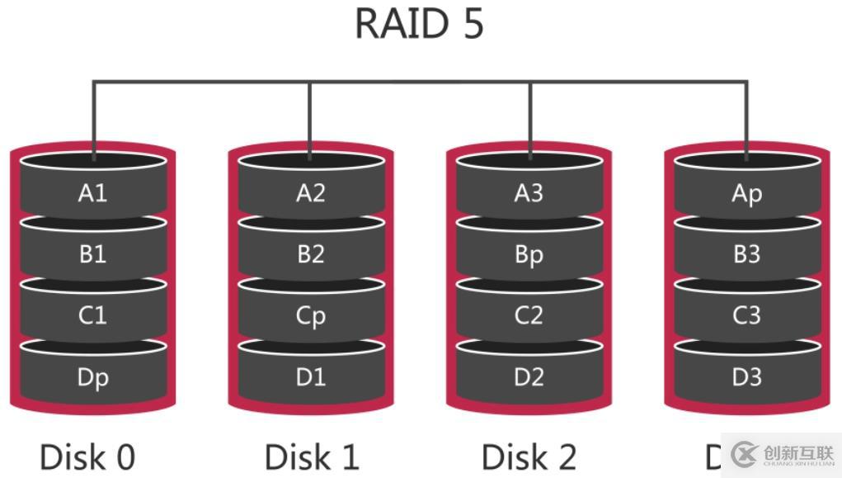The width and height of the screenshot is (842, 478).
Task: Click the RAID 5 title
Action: [419, 24]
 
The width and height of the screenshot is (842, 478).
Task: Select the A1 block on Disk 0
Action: [92, 193]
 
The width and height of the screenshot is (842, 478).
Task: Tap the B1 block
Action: [92, 254]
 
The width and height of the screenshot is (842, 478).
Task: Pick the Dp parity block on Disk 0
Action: [92, 377]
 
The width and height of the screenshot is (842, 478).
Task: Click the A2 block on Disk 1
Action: [310, 193]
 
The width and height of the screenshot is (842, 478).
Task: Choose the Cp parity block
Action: [310, 316]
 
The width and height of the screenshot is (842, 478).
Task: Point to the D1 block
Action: [310, 377]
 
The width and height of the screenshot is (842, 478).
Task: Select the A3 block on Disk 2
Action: [529, 193]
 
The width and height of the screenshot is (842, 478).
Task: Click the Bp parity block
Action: [529, 254]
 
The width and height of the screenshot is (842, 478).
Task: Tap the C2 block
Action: [529, 316]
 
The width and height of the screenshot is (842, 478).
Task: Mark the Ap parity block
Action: [746, 193]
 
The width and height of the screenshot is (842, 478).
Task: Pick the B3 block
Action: [746, 254]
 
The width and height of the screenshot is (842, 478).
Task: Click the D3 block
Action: [746, 377]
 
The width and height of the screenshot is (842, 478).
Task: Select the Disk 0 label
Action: [87, 457]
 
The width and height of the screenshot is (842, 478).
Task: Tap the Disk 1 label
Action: [312, 457]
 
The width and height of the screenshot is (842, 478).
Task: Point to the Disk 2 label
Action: [529, 457]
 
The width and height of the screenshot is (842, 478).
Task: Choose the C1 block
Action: [92, 316]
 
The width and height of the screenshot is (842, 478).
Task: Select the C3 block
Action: [746, 316]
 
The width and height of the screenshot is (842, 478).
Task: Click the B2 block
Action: [310, 254]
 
